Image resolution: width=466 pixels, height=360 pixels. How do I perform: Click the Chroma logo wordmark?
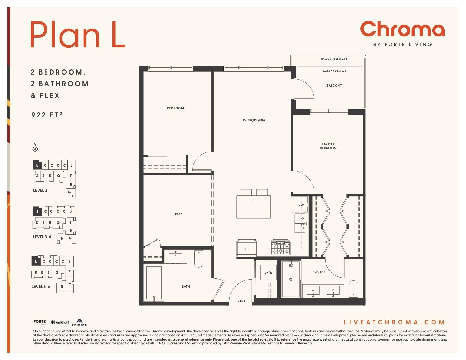402,29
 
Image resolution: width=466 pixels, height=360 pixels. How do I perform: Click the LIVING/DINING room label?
254,120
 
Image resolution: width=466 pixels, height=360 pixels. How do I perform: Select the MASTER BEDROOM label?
328,146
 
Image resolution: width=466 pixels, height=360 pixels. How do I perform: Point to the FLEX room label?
179,214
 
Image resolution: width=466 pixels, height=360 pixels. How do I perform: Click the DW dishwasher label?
301,204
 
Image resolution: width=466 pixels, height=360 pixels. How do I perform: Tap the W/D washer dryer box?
268,272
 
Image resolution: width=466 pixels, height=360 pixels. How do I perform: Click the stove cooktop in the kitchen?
280,248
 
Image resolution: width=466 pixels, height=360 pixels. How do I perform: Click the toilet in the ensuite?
353,289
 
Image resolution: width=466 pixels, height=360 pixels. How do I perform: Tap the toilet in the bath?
199,259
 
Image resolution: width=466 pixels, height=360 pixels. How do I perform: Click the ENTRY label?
240,301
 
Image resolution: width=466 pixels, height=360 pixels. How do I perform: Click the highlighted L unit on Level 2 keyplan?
37,165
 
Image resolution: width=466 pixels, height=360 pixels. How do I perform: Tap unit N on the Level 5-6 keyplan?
62,287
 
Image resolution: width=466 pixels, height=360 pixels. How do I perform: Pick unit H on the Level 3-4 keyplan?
62,238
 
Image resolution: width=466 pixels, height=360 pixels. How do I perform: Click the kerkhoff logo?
60,322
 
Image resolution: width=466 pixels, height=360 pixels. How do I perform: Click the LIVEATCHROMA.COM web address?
394,322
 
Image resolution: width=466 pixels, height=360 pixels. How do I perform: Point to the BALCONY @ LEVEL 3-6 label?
334,59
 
